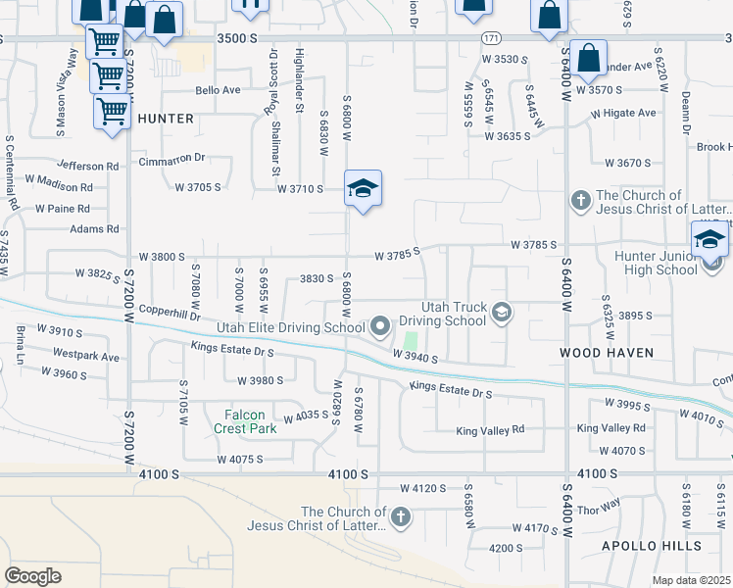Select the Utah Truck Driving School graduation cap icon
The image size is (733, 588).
coord(502,313)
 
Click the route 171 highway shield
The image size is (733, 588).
coord(491,37)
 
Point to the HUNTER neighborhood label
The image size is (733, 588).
coord(166,118)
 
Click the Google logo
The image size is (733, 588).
coord(32,576)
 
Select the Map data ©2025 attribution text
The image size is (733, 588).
coord(692,580)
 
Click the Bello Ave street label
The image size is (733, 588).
coord(218,90)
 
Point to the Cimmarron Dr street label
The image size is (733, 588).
coord(171,158)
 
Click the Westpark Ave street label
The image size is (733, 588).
coord(85,354)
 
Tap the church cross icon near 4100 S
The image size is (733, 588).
coord(400,516)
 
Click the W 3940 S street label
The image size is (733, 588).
coord(415,360)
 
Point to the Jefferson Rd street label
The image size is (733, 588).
coord(88,166)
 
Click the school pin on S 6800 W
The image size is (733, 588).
coord(363,188)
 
